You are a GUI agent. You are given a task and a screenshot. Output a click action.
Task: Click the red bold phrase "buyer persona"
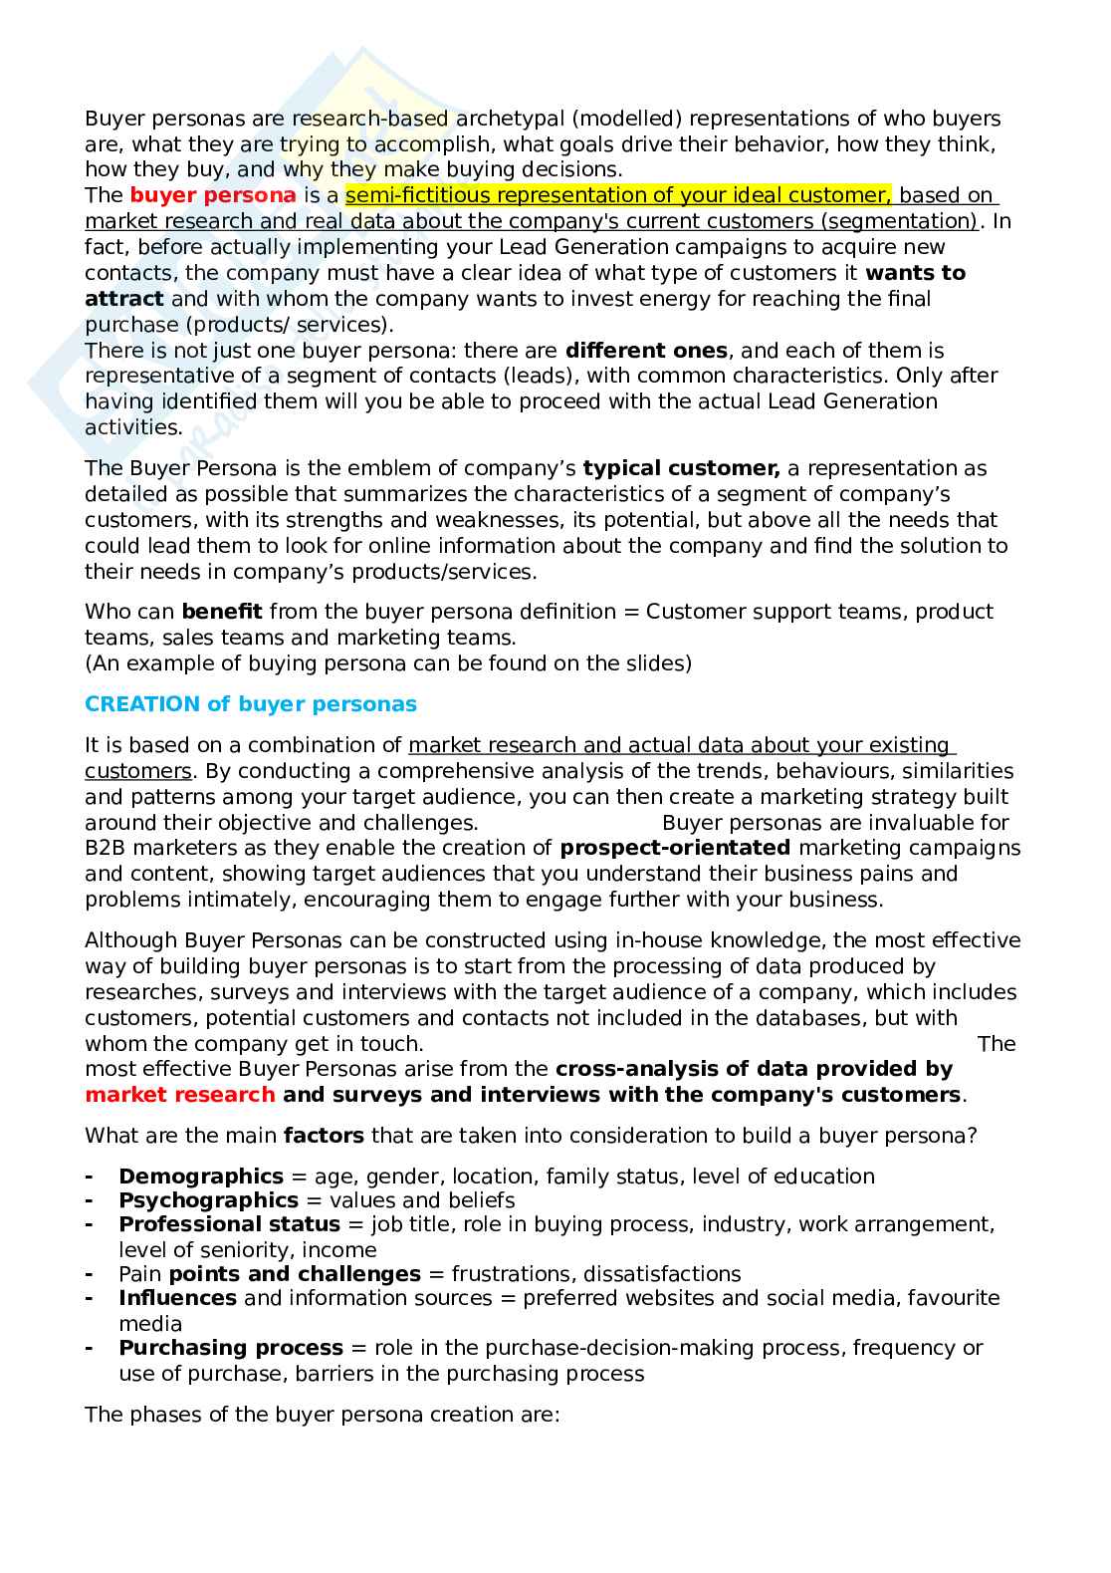point(213,195)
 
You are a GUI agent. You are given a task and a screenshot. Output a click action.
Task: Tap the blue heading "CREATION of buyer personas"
point(251,704)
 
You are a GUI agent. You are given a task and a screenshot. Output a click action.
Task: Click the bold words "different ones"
point(646,351)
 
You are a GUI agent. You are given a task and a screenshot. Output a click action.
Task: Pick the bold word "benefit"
point(222,612)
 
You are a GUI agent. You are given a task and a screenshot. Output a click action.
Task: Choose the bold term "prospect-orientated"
point(675,848)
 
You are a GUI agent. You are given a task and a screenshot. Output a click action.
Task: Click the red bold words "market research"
point(180,1095)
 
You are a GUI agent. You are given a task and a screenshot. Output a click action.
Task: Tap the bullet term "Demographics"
point(201,1177)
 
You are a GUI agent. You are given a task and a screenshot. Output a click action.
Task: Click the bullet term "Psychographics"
point(208,1200)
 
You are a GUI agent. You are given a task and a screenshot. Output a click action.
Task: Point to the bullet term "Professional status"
point(229,1224)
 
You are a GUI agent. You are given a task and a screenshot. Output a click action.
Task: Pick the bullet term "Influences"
point(177,1298)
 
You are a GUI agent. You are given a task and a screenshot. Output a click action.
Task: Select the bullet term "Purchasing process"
point(231,1348)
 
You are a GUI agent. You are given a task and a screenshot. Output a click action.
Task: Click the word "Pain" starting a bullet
point(140,1274)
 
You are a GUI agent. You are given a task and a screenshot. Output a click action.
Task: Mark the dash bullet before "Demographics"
point(90,1177)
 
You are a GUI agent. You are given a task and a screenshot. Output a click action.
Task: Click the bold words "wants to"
point(915,273)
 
